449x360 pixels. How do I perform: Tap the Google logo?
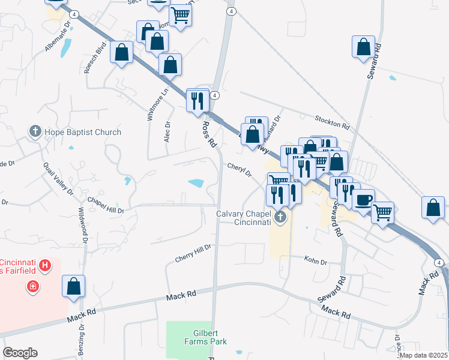click(20, 353)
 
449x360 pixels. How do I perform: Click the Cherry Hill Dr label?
click(193, 253)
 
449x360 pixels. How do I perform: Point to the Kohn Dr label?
click(315, 261)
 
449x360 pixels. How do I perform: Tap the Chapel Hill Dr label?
click(105, 205)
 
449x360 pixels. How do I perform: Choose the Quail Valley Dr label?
click(58, 179)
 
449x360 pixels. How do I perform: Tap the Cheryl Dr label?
click(239, 170)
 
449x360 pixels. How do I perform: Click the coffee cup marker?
click(363, 200)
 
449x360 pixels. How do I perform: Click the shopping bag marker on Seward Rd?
click(365, 47)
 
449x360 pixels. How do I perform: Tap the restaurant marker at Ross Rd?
click(197, 100)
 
